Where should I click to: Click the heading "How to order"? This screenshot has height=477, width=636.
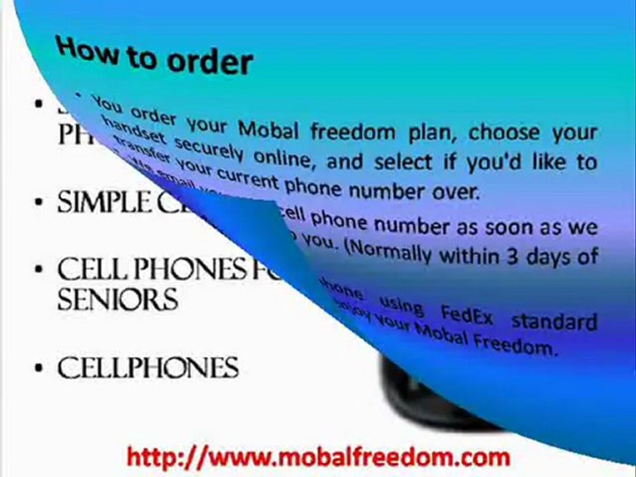154,56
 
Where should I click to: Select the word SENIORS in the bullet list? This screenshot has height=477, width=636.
117,299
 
